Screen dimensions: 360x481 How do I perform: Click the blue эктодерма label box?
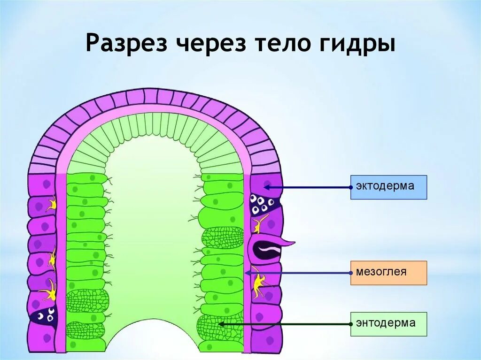click(388, 187)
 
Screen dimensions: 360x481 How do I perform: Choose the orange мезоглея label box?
click(388, 273)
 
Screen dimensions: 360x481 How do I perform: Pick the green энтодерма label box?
click(388, 324)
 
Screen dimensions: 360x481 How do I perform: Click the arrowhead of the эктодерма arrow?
click(265, 187)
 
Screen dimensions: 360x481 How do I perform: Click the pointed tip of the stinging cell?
click(293, 243)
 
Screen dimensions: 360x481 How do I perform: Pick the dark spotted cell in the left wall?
click(45, 317)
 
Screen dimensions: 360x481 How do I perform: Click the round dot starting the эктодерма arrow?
click(351, 187)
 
